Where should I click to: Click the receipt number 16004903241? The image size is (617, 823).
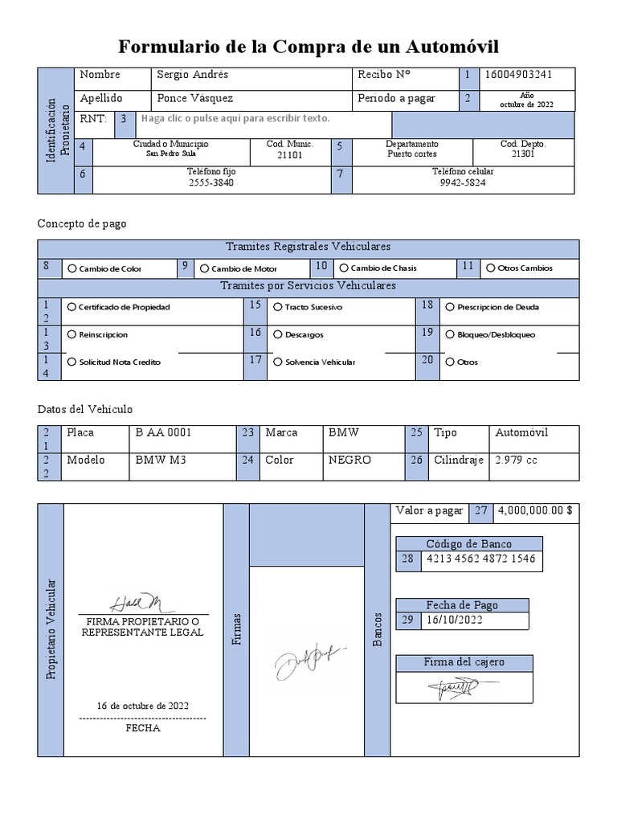pos(518,75)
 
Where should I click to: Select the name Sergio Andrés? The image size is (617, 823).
pos(193,75)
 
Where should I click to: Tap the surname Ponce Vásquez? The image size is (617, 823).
pos(195,99)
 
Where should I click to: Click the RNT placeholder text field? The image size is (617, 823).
pos(235,119)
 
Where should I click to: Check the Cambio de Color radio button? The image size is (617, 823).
pos(72,268)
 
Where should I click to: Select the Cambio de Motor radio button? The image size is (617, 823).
pos(205,268)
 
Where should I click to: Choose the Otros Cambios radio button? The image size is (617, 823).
pos(490,268)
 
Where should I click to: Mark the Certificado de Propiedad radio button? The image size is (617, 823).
pos(72,307)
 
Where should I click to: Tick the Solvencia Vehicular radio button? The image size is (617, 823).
pos(278,362)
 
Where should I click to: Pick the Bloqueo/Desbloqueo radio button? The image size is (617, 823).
pos(450,334)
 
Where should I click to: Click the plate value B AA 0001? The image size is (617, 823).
pos(163,432)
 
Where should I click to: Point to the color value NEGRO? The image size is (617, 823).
pos(349,461)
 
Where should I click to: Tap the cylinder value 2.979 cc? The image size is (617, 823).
pos(517,461)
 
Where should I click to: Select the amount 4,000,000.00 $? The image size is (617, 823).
pos(535,510)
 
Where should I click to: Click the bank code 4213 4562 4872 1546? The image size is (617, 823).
pos(480,559)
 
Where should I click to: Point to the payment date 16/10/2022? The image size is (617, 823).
pos(455,620)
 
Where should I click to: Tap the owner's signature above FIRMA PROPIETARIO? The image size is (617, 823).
pos(136,603)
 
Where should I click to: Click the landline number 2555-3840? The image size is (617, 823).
pos(211,182)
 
